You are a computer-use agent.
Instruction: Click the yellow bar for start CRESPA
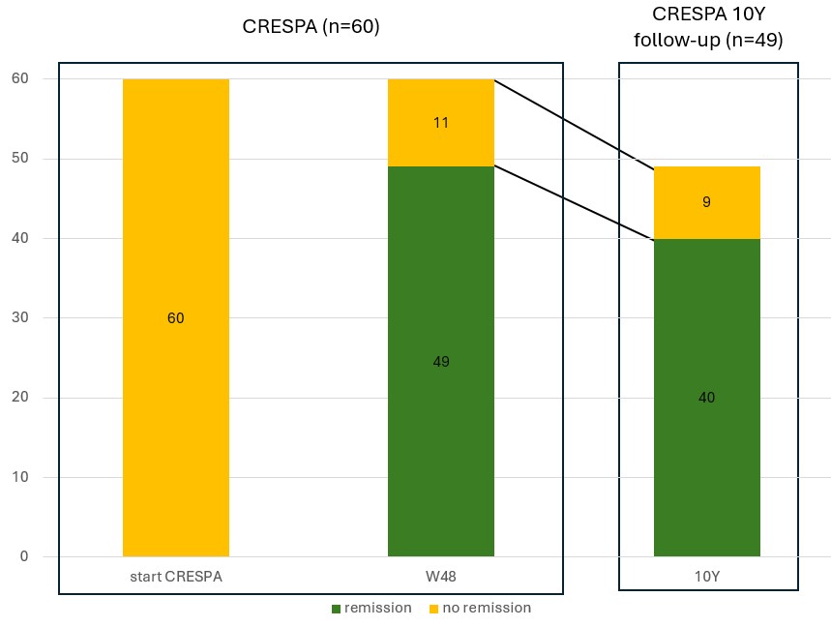pos(176,242)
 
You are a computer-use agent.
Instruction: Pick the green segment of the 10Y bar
pos(706,464)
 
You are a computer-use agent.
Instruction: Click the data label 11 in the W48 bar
pos(440,123)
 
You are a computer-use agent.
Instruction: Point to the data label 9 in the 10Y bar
pos(706,203)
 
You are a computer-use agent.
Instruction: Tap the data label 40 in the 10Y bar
pos(706,398)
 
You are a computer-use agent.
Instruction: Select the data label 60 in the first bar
pos(176,318)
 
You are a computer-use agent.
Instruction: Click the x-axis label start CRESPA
pos(176,578)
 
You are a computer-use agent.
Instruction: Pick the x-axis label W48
pos(440,578)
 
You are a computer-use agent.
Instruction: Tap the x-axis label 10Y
pos(706,578)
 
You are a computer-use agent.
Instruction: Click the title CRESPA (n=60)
pos(311,27)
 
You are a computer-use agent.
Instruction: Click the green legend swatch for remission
pos(336,609)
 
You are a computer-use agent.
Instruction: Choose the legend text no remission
pos(486,609)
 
